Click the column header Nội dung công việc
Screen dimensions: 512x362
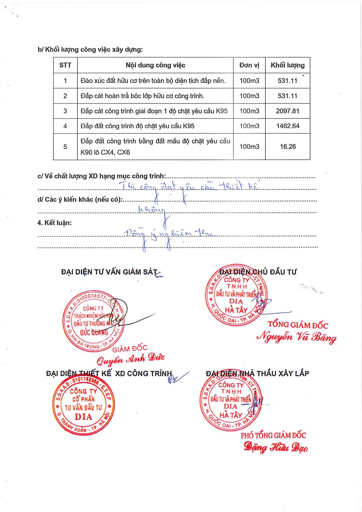pos(155,65)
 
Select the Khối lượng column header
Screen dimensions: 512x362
pos(288,65)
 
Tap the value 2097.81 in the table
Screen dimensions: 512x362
pos(288,111)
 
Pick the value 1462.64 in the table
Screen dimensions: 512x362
pos(288,126)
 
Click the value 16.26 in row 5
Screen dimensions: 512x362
pos(288,147)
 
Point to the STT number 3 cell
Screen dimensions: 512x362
pos(65,111)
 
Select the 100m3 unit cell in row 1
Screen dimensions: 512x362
pos(249,81)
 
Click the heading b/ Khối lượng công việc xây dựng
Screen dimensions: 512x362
pos(90,50)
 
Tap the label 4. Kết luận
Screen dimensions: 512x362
pos(55,223)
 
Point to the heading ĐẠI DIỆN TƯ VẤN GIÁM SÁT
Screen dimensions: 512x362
pos(109,272)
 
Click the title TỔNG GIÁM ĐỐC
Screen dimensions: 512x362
pos(298,325)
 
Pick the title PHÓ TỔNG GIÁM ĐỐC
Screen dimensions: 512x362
pos(273,436)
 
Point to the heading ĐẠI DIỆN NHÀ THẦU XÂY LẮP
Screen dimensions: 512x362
pos(257,374)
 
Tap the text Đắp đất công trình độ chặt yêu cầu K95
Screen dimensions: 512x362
pos(138,126)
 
